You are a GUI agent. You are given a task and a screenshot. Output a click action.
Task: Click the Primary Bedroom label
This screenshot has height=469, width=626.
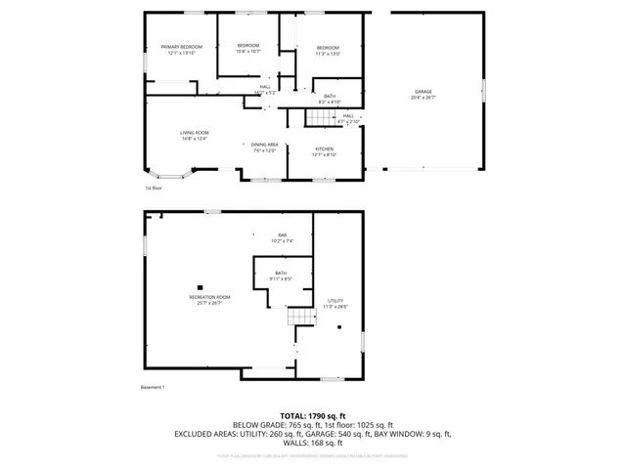tap(182, 49)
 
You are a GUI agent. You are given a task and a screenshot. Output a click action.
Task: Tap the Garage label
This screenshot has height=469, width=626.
tap(424, 95)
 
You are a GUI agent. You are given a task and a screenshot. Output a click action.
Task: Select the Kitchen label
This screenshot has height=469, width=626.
tap(325, 151)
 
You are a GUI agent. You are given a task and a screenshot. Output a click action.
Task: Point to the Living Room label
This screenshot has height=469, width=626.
tap(195, 135)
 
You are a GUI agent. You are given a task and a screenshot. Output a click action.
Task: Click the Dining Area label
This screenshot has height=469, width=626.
tap(265, 147)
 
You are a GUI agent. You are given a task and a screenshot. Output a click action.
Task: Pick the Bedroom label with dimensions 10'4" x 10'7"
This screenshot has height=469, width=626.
tap(248, 48)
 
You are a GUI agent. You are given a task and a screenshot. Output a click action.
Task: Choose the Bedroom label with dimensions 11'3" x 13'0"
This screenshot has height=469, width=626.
tap(328, 51)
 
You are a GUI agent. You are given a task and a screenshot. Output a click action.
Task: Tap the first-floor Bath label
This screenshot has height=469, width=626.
tap(330, 99)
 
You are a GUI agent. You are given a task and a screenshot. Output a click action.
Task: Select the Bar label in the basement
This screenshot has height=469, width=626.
tap(283, 237)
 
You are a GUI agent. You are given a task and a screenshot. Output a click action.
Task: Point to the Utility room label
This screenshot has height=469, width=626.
tap(335, 303)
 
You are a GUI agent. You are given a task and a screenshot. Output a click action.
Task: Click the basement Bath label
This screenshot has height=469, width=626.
tap(281, 276)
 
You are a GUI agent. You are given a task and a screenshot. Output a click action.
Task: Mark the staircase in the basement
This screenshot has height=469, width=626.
tap(297, 318)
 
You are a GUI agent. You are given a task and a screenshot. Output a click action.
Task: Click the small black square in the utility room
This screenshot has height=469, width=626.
tap(339, 327)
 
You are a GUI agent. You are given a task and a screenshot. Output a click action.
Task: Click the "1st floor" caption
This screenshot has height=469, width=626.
tap(153, 187)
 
